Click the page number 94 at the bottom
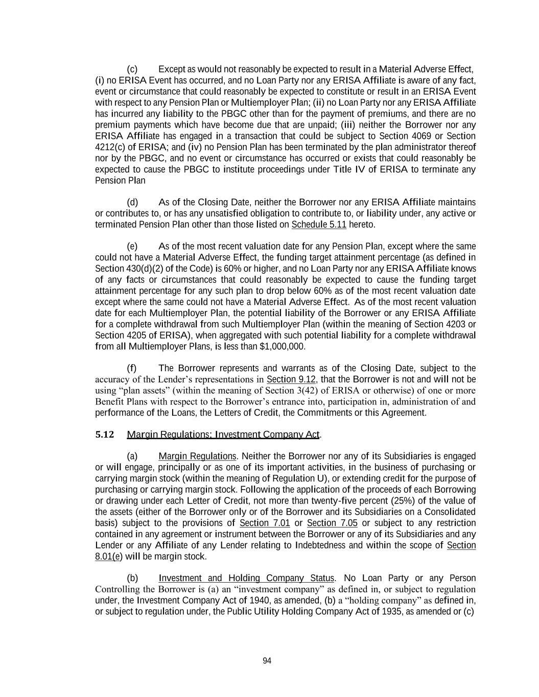point(267,661)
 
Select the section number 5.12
point(105,435)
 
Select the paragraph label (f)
point(132,368)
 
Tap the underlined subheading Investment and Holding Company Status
point(246,578)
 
